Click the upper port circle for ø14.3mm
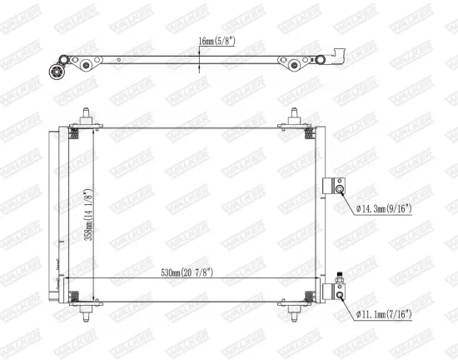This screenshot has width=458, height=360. (340, 188)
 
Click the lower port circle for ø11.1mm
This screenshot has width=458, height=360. (340, 292)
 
